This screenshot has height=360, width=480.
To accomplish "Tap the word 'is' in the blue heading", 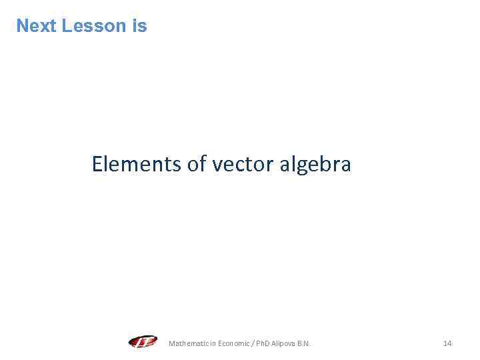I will [139, 26].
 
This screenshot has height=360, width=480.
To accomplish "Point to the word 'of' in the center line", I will [197, 163].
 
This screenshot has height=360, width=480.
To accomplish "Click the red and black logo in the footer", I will [143, 343].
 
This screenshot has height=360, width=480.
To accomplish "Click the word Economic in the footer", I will [228, 343].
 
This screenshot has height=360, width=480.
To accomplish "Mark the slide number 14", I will [447, 343].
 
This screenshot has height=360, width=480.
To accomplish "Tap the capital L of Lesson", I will [65, 26].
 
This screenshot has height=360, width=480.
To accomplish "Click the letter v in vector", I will [217, 165].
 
